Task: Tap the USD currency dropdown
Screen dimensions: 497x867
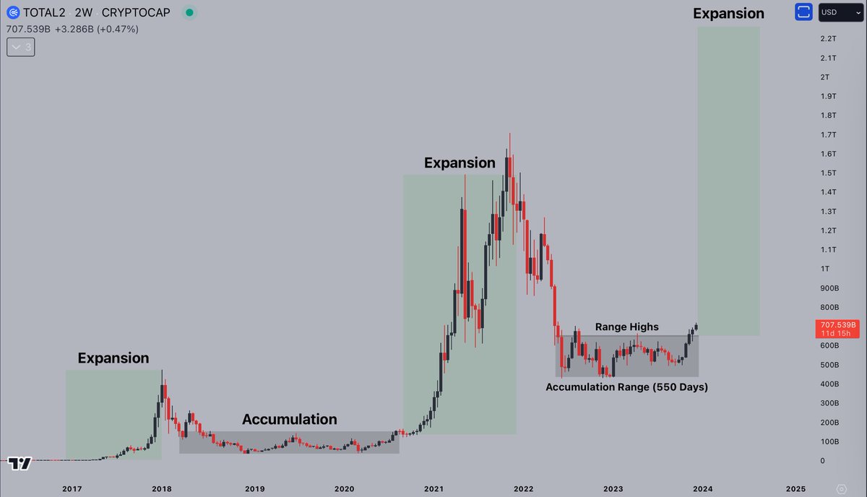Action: point(840,12)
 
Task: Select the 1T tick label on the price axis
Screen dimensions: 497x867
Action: point(824,269)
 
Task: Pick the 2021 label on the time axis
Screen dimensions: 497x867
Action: point(433,489)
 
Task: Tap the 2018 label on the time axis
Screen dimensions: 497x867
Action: point(162,489)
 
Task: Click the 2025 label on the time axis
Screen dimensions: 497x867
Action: point(795,489)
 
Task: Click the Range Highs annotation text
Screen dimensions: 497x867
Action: point(626,327)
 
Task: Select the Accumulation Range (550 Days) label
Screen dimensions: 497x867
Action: point(626,387)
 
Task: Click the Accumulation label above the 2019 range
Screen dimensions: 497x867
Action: point(289,420)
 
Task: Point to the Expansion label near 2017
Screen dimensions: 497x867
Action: point(113,358)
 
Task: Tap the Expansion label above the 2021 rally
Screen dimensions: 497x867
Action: point(460,163)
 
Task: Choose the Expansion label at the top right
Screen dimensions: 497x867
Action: point(728,14)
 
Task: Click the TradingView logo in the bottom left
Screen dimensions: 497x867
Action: point(20,463)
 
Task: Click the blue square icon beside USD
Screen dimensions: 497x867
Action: point(803,12)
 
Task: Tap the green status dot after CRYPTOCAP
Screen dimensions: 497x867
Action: point(189,13)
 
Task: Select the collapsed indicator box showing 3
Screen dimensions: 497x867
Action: point(20,47)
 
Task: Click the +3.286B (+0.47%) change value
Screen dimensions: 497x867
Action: point(107,29)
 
